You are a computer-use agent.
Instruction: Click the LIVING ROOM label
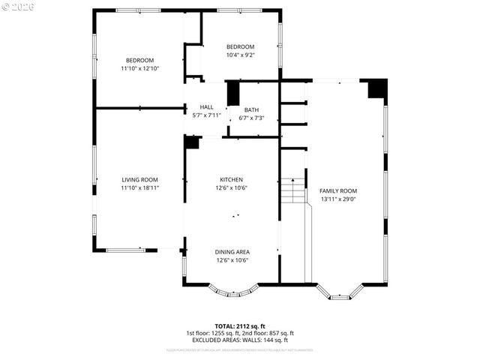(x=139, y=180)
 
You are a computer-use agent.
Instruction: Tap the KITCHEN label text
(x=231, y=180)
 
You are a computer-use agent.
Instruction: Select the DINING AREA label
(x=232, y=252)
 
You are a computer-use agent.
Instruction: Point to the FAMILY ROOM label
(x=338, y=191)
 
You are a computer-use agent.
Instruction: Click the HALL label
(x=206, y=107)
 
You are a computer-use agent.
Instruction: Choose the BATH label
(x=251, y=109)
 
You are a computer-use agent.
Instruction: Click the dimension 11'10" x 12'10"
(x=139, y=68)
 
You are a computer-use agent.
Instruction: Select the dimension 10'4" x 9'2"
(x=241, y=55)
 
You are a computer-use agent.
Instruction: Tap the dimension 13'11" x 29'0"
(x=338, y=199)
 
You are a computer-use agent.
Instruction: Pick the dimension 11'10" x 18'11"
(x=139, y=187)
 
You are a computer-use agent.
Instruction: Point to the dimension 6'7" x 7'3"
(x=251, y=118)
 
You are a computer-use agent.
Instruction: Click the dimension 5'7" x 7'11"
(x=206, y=115)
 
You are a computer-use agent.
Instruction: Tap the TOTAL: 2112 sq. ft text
(x=239, y=326)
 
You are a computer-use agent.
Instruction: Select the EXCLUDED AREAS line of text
(x=239, y=340)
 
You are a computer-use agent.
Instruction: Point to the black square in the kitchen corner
(x=192, y=142)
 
